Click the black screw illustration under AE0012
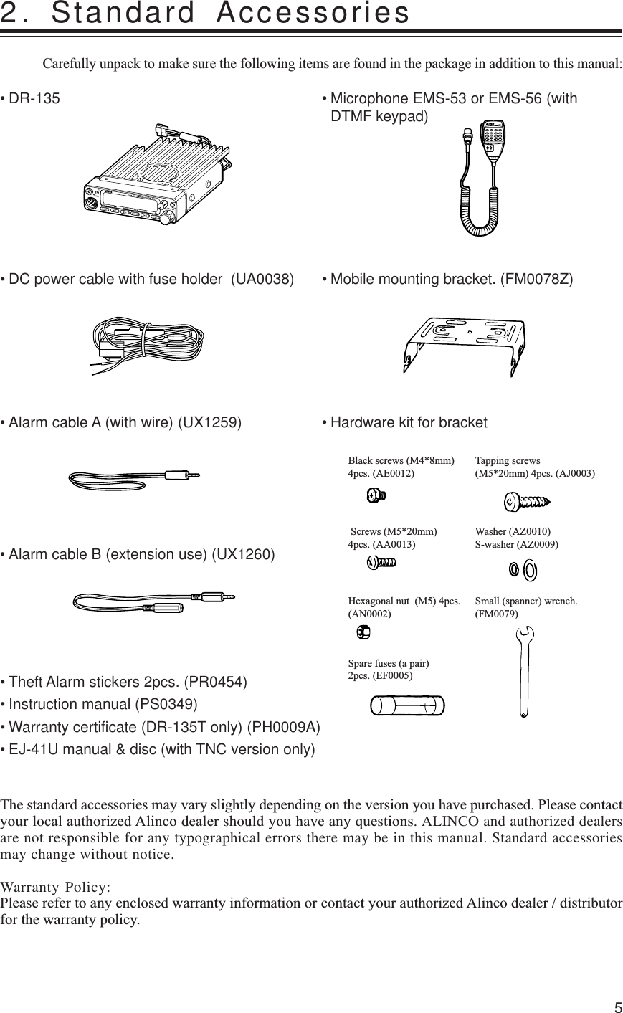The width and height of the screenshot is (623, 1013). tap(376, 495)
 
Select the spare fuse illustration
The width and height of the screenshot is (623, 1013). tap(404, 706)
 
